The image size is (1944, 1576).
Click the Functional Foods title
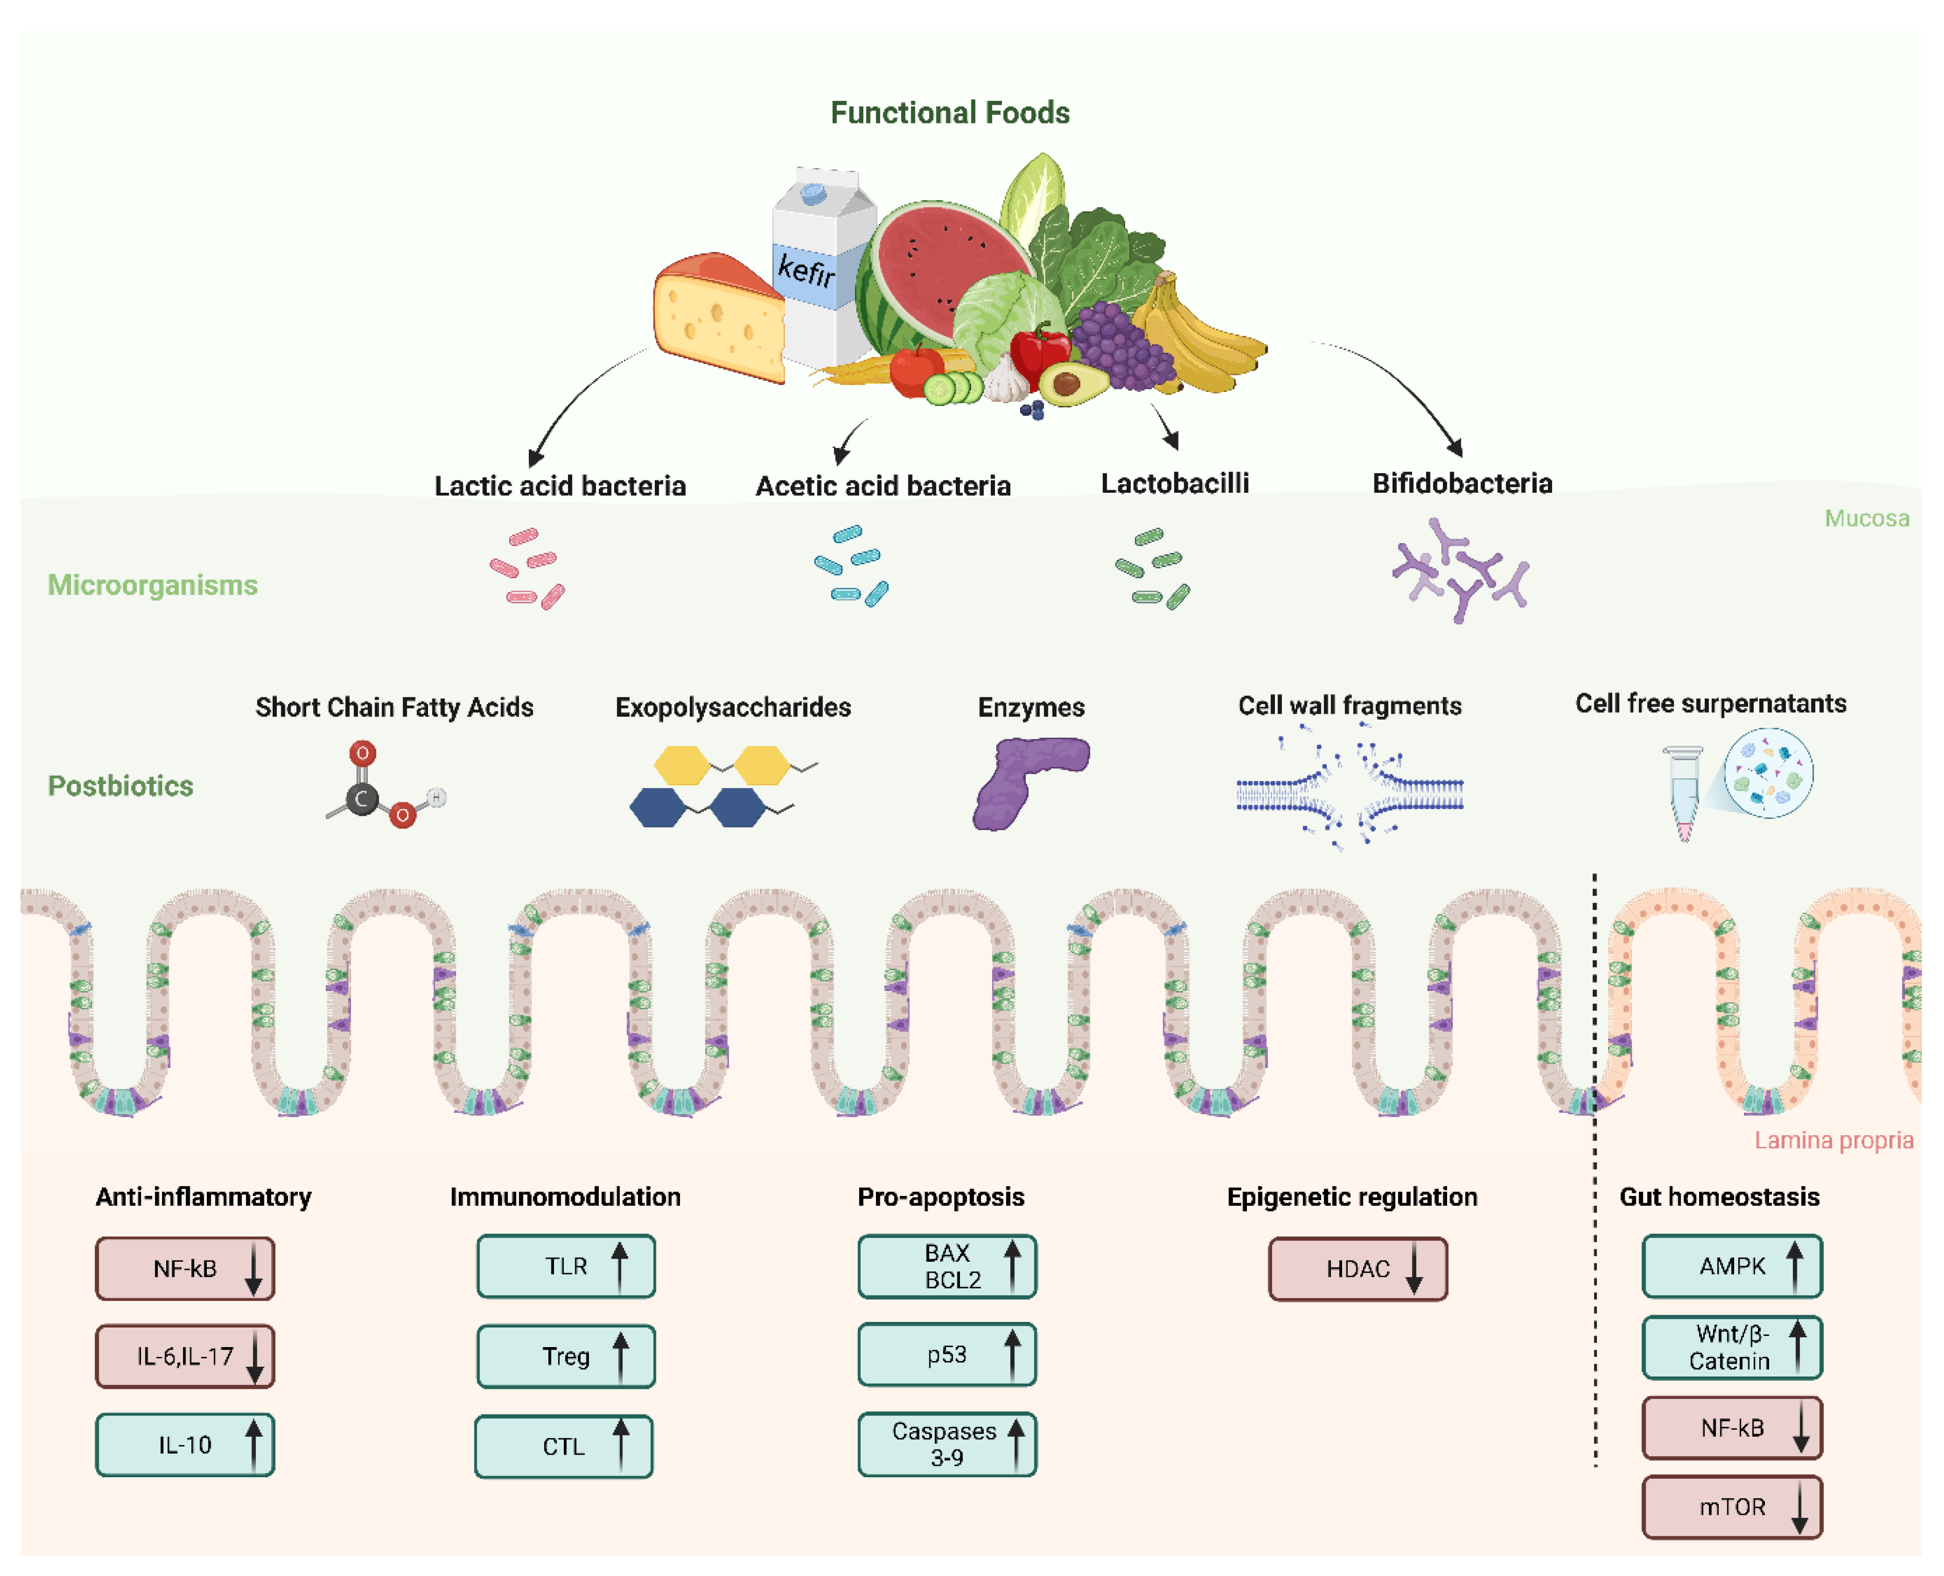click(x=950, y=113)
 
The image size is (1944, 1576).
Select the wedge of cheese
click(x=717, y=318)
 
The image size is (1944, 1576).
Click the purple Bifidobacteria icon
click(x=1460, y=570)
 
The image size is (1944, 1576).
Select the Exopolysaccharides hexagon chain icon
click(x=717, y=786)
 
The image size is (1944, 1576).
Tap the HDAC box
click(x=1358, y=1268)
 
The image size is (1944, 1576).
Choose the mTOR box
click(x=1732, y=1507)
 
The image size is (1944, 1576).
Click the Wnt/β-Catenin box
click(x=1732, y=1347)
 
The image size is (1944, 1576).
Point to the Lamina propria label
click(x=1832, y=1140)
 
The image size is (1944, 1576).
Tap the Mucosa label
click(x=1866, y=518)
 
